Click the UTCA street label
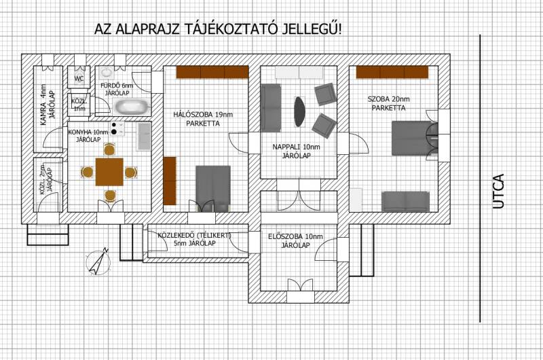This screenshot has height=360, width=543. tap(498, 191)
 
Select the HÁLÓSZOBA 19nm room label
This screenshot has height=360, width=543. tap(203, 115)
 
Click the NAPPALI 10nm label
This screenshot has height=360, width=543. tap(296, 147)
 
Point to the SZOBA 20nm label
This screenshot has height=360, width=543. tap(388, 99)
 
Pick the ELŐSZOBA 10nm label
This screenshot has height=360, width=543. tap(295, 236)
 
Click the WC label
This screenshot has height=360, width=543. tap(79, 79)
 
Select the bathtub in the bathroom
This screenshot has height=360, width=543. tap(131, 107)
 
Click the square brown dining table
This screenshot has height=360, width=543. tap(109, 172)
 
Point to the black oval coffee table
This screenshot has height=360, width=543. tap(299, 111)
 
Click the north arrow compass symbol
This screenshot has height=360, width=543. tap(98, 262)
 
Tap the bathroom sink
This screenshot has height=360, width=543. tap(106, 73)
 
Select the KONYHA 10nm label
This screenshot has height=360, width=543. tap(88, 132)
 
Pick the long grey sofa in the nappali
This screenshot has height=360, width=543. tap(271, 108)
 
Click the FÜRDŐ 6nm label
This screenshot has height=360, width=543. tap(117, 86)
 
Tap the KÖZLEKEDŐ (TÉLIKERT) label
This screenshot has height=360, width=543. tap(194, 236)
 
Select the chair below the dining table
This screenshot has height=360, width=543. tap(110, 196)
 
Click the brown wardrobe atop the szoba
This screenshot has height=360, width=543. tap(392, 72)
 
